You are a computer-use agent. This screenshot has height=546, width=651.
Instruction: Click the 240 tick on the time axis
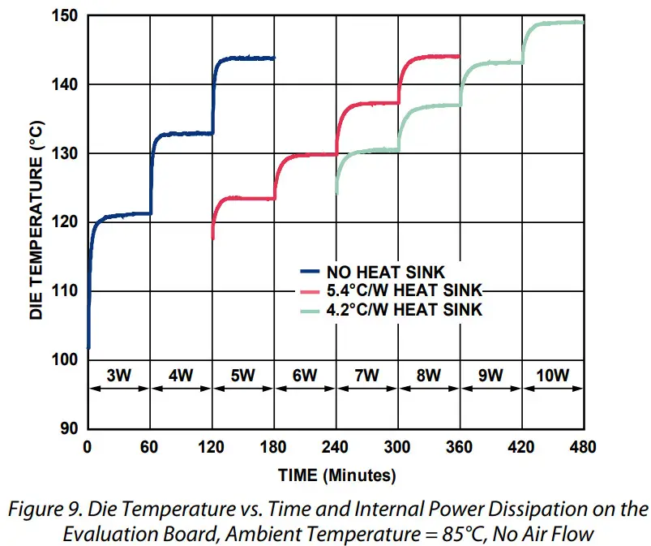[x=336, y=447]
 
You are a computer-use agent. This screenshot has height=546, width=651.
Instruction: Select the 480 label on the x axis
[x=583, y=447]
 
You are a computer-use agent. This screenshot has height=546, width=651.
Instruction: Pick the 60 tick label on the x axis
[x=149, y=447]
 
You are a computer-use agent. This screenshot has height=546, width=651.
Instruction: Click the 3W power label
[x=118, y=375]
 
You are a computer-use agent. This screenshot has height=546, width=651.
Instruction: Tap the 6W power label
[x=305, y=375]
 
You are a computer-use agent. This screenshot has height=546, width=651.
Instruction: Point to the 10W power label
[x=552, y=375]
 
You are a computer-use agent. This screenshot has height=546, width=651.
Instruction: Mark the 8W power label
[x=428, y=375]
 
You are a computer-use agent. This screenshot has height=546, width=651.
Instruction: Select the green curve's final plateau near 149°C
[x=559, y=23]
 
